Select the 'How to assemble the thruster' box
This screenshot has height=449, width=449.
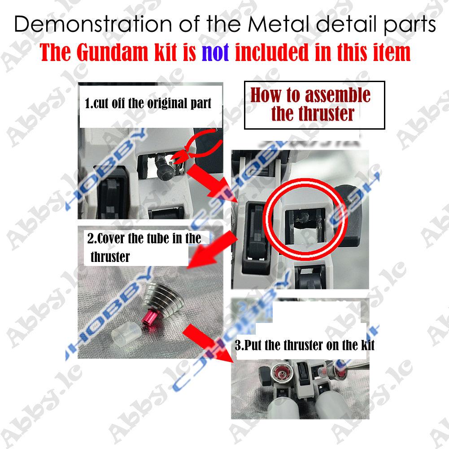tap(314, 105)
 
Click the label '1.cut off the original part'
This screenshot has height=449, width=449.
tap(148, 104)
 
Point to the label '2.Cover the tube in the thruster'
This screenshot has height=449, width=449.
tap(144, 246)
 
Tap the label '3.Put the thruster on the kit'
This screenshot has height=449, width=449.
tap(305, 345)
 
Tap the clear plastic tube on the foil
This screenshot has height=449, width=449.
tap(123, 335)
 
